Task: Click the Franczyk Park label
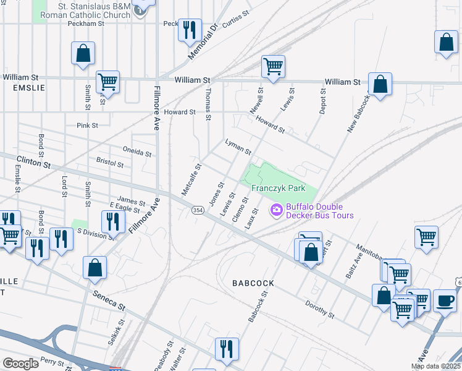coord(278,188)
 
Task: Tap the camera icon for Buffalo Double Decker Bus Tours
coord(276,211)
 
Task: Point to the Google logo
coord(20,364)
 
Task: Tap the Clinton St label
coord(33,164)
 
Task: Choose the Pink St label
coord(87,126)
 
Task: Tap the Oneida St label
coord(137,151)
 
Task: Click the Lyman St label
coord(238,147)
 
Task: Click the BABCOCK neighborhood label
coord(253,283)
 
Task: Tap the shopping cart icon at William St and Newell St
coord(272,66)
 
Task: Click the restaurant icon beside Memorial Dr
coord(190,29)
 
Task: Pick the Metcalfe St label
coord(191,179)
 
